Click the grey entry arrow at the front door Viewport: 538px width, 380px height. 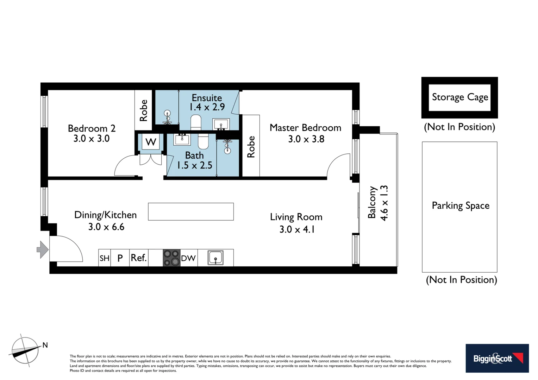(x=43, y=249)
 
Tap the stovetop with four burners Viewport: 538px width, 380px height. (x=171, y=258)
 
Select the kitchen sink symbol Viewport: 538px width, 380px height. (x=215, y=258)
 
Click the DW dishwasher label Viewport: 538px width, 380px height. (x=188, y=258)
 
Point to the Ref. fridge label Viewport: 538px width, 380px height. (x=138, y=258)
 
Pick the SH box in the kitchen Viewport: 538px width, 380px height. (x=104, y=258)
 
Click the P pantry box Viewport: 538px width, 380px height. (x=120, y=258)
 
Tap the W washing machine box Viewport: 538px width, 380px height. (x=151, y=142)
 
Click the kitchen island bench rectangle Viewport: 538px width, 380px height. (x=190, y=211)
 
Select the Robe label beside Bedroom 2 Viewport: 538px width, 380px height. (x=143, y=110)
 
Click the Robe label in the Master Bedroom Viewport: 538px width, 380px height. (x=251, y=147)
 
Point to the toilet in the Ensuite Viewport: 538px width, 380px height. (x=196, y=122)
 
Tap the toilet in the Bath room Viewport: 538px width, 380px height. (x=203, y=141)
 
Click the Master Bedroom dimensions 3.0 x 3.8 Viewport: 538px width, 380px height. (x=306, y=139)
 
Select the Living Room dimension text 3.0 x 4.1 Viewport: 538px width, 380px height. (x=297, y=229)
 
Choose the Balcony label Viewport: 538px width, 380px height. (x=372, y=202)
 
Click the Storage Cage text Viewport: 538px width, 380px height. (x=460, y=97)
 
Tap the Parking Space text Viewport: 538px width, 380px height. (x=461, y=205)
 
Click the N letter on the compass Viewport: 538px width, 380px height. (x=45, y=345)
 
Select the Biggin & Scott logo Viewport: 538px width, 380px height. (x=497, y=358)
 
